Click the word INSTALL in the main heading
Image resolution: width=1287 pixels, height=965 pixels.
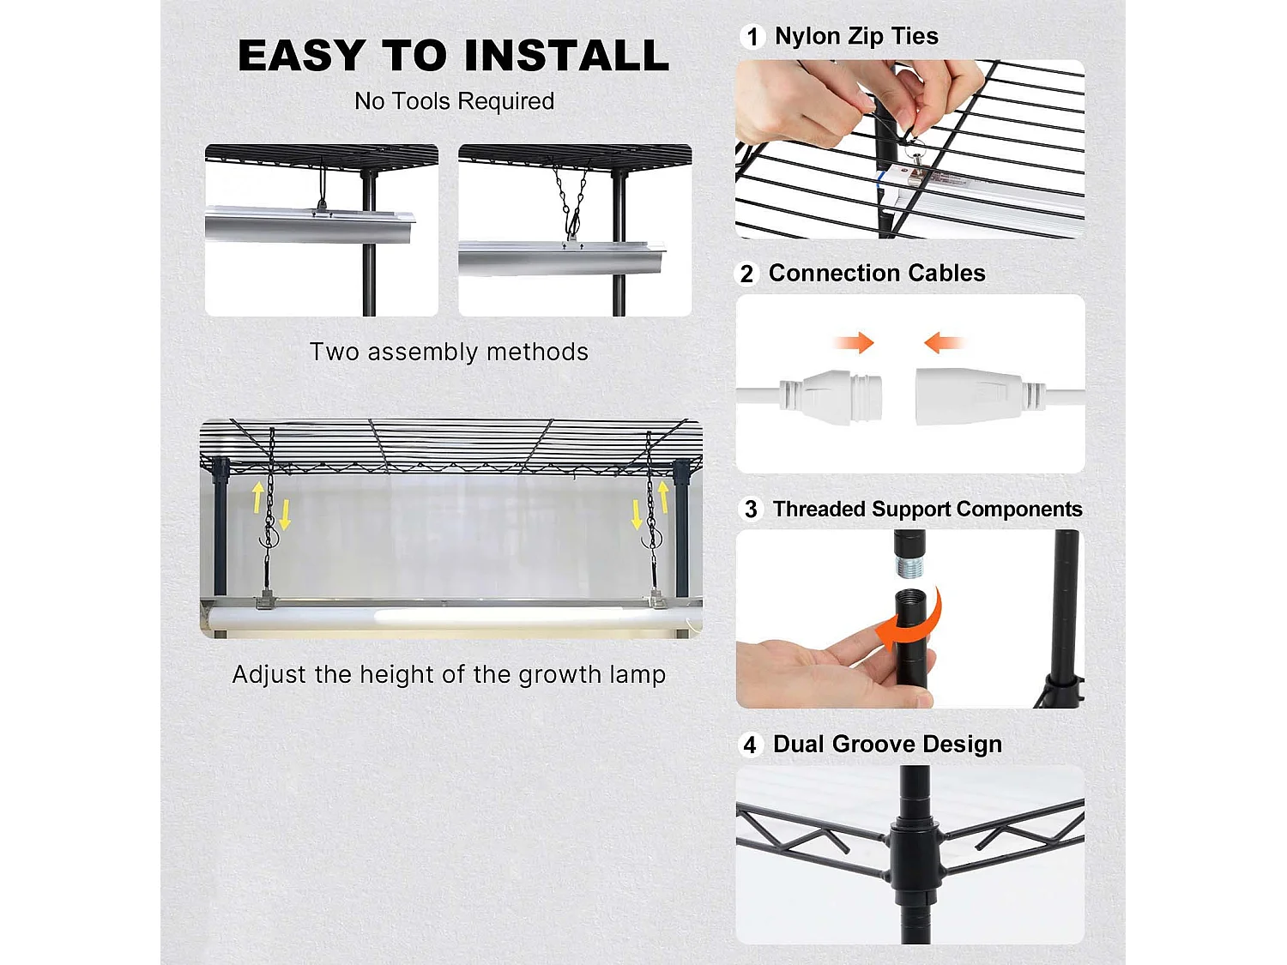(x=565, y=56)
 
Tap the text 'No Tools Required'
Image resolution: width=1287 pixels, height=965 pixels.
(x=455, y=101)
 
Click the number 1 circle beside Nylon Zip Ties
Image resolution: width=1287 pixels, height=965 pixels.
(x=752, y=37)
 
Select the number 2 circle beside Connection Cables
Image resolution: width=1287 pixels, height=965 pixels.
(x=746, y=274)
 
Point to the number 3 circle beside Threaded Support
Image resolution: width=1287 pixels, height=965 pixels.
(x=751, y=510)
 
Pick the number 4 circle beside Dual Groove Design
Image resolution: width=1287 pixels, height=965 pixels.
(x=750, y=745)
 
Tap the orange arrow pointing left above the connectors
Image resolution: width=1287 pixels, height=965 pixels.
(x=944, y=342)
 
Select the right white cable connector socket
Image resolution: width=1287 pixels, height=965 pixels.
(x=980, y=395)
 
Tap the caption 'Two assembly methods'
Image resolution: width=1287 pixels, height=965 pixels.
(x=449, y=353)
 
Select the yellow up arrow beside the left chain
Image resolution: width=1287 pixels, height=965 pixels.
(x=257, y=498)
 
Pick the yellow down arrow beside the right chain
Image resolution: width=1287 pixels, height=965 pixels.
(x=636, y=515)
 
